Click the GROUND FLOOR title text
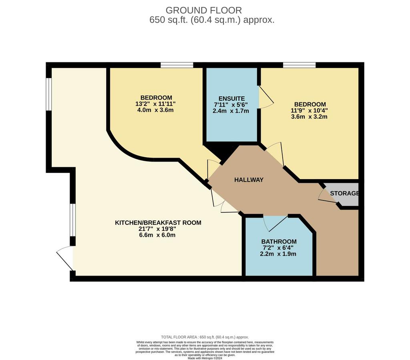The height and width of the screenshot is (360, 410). click(x=204, y=10)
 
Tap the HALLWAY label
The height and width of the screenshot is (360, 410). click(x=249, y=180)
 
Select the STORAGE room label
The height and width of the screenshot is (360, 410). click(x=344, y=193)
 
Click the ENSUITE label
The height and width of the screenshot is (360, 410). click(x=232, y=98)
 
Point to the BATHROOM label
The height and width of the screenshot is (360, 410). click(x=279, y=241)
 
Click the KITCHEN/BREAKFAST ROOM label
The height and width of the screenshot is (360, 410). click(x=158, y=222)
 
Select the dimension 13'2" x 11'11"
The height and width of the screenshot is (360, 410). click(x=155, y=104)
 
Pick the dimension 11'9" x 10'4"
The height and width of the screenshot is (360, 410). click(x=310, y=110)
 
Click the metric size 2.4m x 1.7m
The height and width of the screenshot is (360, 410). click(x=231, y=111)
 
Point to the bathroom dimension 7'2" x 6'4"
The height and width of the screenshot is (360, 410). click(x=278, y=248)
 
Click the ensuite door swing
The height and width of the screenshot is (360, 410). click(x=266, y=97)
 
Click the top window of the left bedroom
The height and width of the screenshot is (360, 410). click(x=177, y=65)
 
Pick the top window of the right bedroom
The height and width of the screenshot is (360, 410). click(x=299, y=65)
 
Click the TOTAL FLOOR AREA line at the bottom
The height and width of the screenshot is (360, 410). click(x=205, y=337)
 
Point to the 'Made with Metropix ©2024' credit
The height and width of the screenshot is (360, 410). click(x=205, y=358)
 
